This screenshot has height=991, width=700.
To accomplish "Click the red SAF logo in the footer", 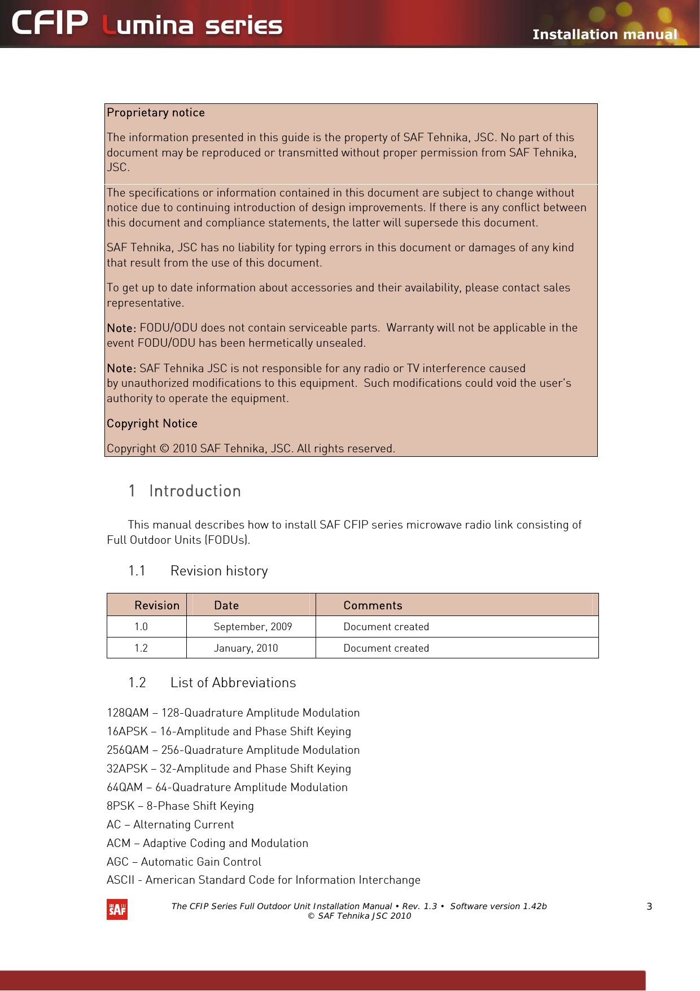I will point(117,909).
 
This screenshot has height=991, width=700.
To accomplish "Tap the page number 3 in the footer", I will point(649,906).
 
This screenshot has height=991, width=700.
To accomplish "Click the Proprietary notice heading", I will point(156,112).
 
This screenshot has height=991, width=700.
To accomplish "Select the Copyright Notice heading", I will point(152,424).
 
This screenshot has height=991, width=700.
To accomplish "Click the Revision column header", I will point(156,605).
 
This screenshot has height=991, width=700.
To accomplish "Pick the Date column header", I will point(226,605).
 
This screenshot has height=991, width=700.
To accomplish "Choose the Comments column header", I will point(373,605).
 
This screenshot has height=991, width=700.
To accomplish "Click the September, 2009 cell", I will point(253,627).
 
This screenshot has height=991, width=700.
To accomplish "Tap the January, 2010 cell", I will point(246,648).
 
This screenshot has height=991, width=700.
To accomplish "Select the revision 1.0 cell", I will point(141,627).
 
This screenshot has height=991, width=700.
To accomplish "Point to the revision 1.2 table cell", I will point(141,648).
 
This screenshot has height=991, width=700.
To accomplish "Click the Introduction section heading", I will point(195,491).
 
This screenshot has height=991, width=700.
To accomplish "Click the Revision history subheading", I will point(219,571).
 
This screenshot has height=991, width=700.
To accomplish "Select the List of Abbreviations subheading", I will point(233,683).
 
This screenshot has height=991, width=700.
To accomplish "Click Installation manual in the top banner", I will point(605,34).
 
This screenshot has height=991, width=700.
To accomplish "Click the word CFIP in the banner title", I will point(50,24).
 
